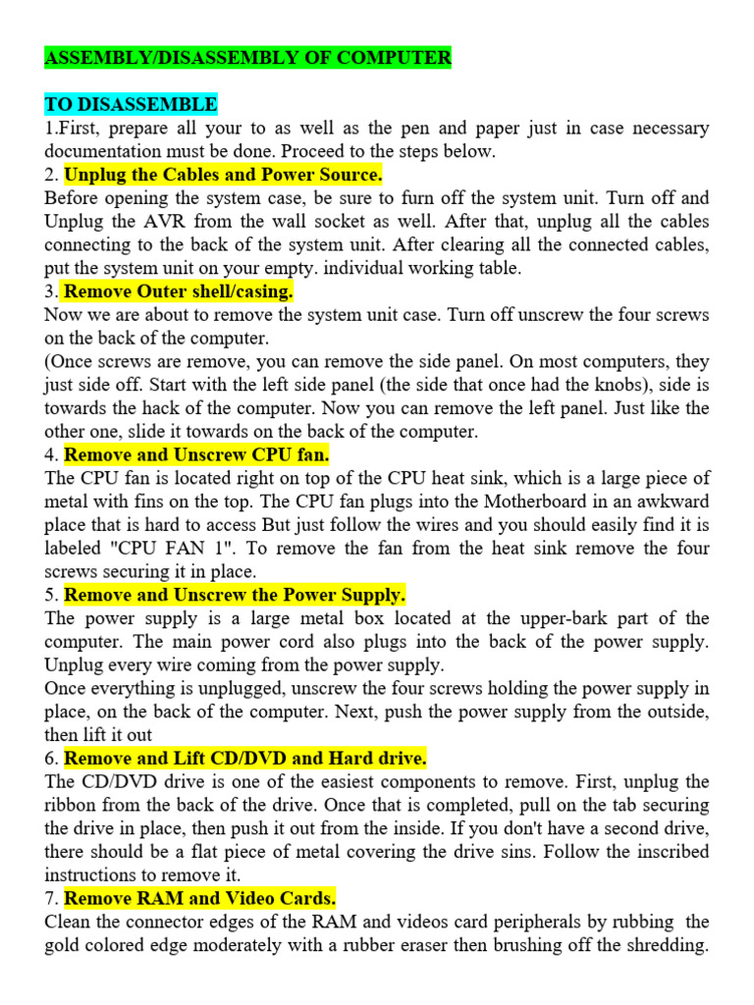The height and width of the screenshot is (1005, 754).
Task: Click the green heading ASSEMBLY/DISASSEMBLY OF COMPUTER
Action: tap(247, 58)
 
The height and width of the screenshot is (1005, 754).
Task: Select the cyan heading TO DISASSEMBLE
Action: tap(131, 105)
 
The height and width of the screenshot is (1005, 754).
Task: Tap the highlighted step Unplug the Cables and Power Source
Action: tap(223, 175)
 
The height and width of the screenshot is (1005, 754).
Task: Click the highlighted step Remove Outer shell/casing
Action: tap(179, 291)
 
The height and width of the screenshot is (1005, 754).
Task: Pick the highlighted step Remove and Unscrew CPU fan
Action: tap(196, 454)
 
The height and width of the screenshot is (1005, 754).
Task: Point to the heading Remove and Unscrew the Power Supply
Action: tap(235, 595)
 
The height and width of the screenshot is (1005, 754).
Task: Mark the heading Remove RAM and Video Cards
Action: tap(200, 898)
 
